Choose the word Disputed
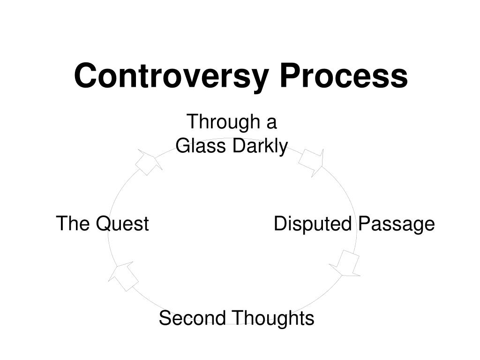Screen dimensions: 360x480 [313, 224]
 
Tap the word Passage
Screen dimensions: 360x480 [397, 224]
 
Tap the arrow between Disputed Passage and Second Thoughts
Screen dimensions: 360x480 [346, 264]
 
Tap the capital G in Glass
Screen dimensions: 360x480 [182, 146]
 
